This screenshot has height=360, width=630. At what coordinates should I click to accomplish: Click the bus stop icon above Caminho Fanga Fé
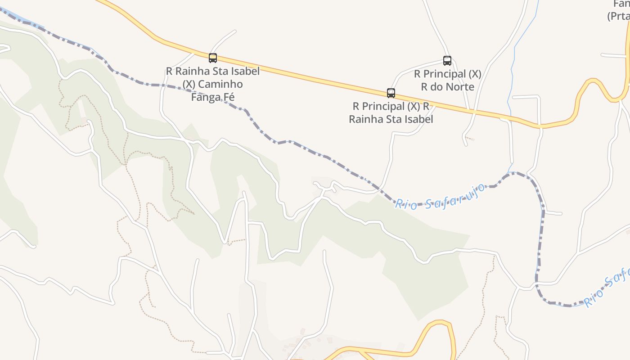point(213,58)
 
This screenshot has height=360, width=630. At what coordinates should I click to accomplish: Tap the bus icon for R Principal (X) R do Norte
point(447,61)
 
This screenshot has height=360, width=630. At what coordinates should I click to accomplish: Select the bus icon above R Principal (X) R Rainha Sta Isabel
point(391,93)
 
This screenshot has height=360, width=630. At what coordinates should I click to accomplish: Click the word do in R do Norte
point(435,86)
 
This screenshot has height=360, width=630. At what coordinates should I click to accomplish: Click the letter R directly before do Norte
point(424,86)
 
